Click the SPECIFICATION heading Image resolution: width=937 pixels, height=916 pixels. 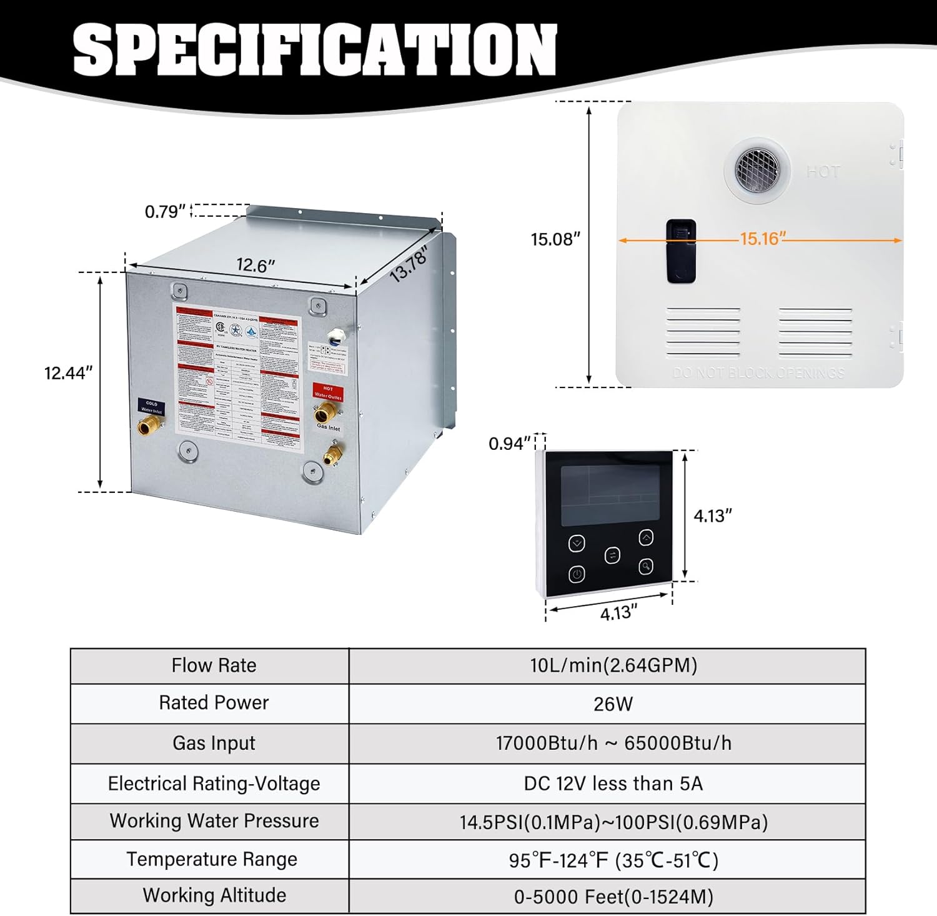pyautogui.click(x=314, y=50)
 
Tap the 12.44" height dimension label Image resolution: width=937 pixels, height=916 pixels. pyautogui.click(x=68, y=373)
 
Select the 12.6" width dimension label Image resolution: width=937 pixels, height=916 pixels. pyautogui.click(x=255, y=266)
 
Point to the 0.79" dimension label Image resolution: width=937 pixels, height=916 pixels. pyautogui.click(x=166, y=212)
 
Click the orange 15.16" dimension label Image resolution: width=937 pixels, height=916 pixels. pyautogui.click(x=762, y=239)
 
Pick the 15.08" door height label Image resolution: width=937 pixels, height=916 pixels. pyautogui.click(x=555, y=239)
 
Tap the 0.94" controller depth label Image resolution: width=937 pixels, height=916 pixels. pyautogui.click(x=510, y=444)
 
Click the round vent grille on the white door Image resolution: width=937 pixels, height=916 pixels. pyautogui.click(x=756, y=168)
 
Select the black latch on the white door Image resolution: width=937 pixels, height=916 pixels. pyautogui.click(x=681, y=251)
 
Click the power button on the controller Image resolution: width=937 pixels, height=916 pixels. pyautogui.click(x=577, y=574)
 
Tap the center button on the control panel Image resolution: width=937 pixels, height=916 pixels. pyautogui.click(x=612, y=555)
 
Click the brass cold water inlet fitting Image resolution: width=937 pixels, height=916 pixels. pyautogui.click(x=151, y=427)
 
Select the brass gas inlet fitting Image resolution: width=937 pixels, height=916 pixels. pyautogui.click(x=332, y=454)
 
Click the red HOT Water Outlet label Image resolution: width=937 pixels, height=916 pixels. pyautogui.click(x=328, y=392)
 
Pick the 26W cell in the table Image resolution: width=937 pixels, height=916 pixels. pyautogui.click(x=613, y=704)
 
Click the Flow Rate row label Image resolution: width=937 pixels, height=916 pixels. pyautogui.click(x=214, y=665)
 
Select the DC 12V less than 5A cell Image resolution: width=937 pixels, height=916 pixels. pyautogui.click(x=613, y=784)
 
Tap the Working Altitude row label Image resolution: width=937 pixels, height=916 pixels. pyautogui.click(x=214, y=895)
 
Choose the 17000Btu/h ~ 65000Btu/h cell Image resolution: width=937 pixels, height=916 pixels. pyautogui.click(x=613, y=743)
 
